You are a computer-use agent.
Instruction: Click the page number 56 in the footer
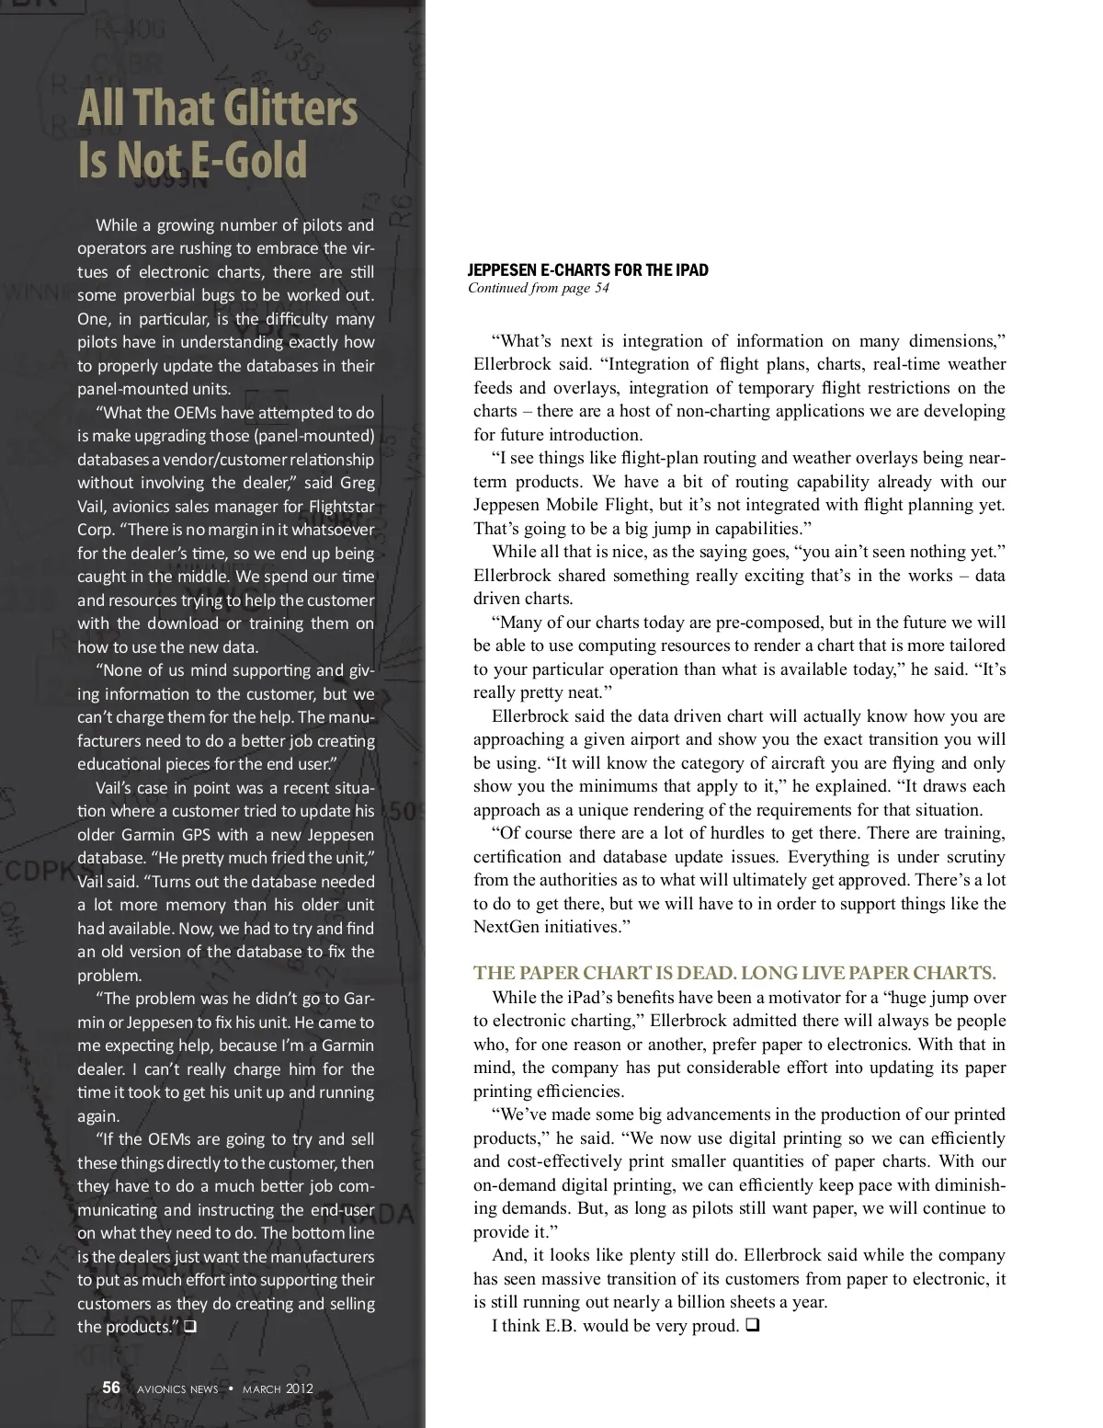(111, 1388)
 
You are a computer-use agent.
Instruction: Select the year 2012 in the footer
(299, 1388)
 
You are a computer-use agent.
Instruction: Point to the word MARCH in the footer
(262, 1389)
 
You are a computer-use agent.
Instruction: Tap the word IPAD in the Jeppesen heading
(691, 270)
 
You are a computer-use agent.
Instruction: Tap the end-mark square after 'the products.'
(190, 1327)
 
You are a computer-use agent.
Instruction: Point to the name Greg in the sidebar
(358, 483)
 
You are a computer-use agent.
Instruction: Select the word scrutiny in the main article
(975, 857)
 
